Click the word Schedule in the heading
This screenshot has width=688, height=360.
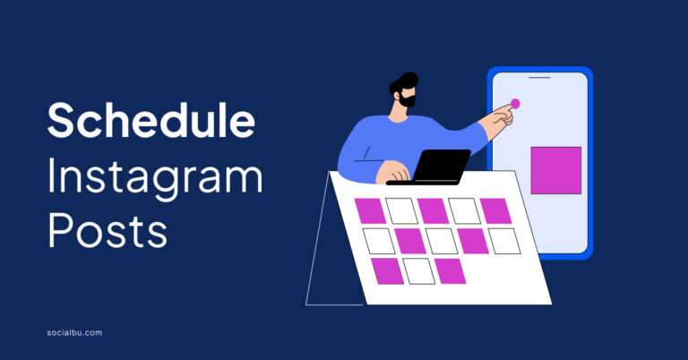point(150,120)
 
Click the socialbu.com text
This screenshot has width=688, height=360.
point(74,332)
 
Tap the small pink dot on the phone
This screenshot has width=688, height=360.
point(515,103)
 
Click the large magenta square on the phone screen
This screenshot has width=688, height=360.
point(555,170)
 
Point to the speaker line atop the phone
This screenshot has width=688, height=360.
point(538,77)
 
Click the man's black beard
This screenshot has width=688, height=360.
point(408,99)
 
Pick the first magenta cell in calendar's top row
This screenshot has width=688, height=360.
point(370,210)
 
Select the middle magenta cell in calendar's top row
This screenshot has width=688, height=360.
point(433,210)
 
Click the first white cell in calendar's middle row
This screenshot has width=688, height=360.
point(379,240)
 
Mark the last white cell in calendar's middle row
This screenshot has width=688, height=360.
point(503,240)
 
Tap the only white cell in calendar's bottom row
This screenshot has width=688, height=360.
point(418,270)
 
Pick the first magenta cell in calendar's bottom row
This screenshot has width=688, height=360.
point(387,270)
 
